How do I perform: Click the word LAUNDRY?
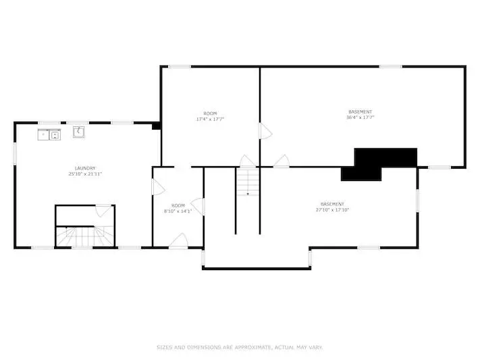[85, 168]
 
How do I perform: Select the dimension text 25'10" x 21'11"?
[85, 174]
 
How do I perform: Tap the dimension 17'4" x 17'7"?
[210, 119]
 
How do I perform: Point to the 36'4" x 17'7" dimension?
[361, 118]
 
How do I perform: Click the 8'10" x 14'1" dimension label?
[178, 211]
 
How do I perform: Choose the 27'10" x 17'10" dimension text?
[332, 210]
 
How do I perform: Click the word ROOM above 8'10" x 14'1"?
[178, 205]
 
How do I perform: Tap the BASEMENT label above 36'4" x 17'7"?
[361, 112]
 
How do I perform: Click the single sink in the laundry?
[79, 132]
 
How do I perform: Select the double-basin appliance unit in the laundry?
[49, 134]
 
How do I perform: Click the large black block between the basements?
[379, 164]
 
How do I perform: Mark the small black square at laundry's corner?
[156, 126]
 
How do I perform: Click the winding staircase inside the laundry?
[85, 236]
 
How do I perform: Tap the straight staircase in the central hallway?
[248, 182]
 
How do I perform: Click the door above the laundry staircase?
[104, 211]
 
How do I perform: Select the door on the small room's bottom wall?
[178, 240]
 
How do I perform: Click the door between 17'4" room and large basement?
[265, 131]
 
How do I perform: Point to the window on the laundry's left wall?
[15, 153]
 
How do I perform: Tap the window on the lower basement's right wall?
[417, 201]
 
